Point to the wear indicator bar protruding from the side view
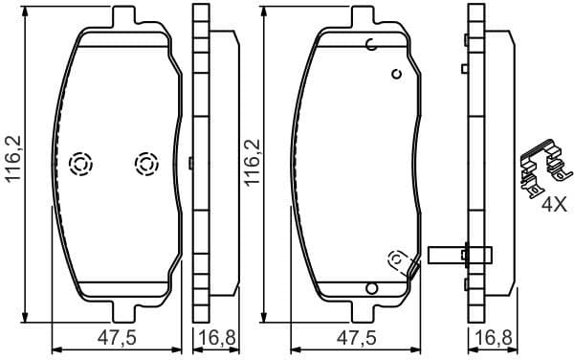[x=460, y=255]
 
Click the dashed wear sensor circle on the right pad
[x=396, y=258]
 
